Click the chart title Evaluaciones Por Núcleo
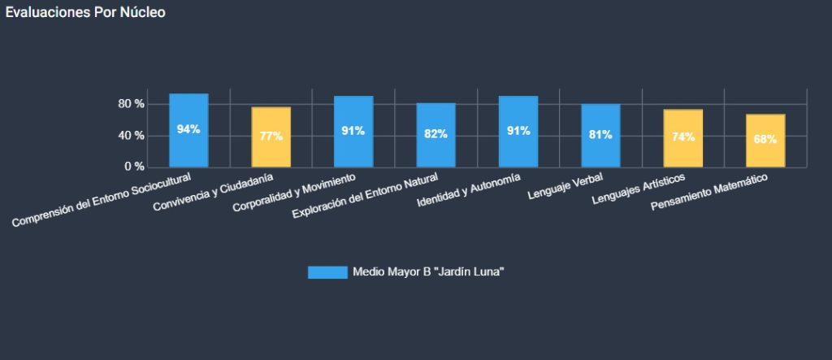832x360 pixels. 85,13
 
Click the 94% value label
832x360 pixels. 188,130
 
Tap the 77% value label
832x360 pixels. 271,137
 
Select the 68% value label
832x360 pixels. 765,139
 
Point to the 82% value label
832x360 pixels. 435,134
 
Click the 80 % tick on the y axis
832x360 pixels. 131,104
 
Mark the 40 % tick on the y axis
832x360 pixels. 131,135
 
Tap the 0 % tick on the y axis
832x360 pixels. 134,167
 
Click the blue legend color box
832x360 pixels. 327,272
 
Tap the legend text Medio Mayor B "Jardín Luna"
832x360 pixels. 428,272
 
